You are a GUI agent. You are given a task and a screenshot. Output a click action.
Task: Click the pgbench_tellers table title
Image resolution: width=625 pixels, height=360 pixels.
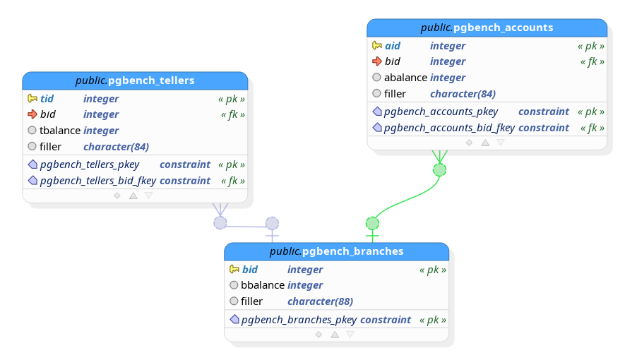pos(135,80)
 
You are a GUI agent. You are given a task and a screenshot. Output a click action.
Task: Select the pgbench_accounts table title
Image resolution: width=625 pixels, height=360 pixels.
pos(487,28)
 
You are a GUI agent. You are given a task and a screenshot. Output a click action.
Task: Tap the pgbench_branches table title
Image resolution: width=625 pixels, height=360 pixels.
pos(336,251)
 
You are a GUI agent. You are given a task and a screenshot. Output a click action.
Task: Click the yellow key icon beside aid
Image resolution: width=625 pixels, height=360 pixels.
pos(376,45)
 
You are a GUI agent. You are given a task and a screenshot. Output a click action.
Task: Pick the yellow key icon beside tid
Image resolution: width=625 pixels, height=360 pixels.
pos(32,98)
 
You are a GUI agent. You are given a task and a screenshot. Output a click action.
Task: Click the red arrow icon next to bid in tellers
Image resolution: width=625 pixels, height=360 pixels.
pos(32,114)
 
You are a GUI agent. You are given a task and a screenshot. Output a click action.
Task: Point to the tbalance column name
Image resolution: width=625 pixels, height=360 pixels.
pos(60,131)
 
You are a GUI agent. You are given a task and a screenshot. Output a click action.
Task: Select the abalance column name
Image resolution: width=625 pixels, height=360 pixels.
pos(405,78)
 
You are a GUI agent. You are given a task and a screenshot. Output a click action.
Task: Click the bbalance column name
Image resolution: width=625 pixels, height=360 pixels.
pos(262,285)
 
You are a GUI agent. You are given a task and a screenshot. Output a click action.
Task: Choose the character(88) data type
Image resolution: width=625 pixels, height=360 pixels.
pos(320,301)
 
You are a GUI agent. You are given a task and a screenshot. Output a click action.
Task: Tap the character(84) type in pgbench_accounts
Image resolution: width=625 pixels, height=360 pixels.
pos(463,94)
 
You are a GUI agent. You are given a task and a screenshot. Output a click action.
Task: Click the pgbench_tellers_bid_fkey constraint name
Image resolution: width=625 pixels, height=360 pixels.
pos(98,181)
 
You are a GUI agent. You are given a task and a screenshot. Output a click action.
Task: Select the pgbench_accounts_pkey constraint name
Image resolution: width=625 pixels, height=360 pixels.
pos(441,112)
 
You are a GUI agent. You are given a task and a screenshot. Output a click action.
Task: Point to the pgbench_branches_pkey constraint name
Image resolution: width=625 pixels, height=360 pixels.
pos(299,320)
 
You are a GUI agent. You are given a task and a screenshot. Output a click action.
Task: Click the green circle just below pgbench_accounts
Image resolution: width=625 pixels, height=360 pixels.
pos(440,170)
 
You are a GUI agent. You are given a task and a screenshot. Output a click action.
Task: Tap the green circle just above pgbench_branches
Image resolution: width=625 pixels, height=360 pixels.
pos(372,223)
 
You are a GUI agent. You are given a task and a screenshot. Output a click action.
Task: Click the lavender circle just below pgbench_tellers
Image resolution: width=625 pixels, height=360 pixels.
pos(220,223)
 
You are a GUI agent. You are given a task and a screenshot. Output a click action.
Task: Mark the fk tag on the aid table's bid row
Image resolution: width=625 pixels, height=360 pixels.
pos(593,61)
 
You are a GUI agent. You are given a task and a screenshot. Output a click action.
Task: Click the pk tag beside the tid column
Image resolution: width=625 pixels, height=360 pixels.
pos(232,99)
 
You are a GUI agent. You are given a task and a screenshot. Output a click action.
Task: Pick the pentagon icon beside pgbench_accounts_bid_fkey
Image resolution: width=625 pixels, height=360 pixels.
pos(377,128)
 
